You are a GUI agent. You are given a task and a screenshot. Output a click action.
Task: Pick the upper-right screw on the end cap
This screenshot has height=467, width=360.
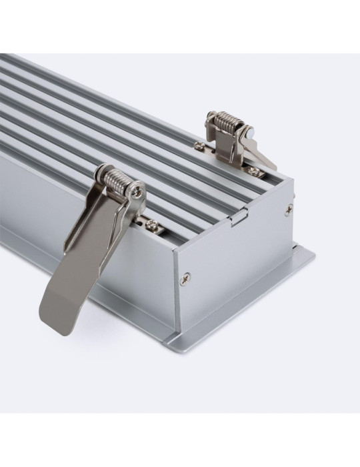[x=289, y=208]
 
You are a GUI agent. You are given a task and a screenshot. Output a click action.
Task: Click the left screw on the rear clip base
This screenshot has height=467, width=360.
[x=198, y=143]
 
